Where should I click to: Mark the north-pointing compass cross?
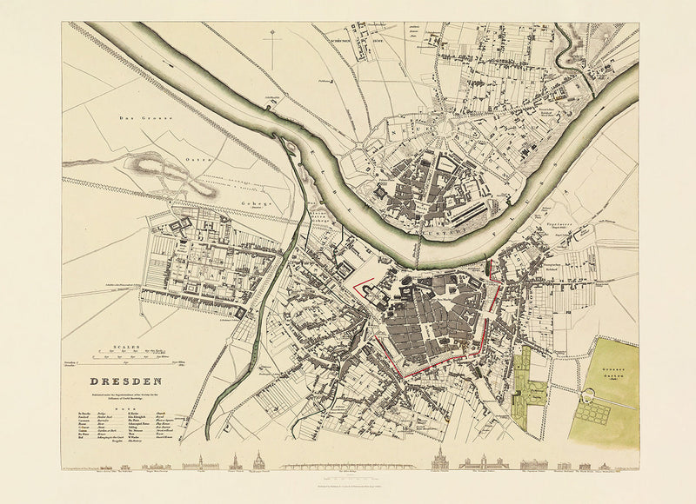(272, 39)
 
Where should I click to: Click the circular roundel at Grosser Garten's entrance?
(594, 396)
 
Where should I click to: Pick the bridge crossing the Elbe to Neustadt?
(417, 252)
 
